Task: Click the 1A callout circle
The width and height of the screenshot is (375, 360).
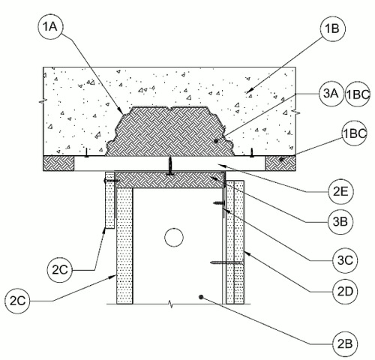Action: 51,26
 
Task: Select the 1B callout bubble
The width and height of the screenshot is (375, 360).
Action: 333,28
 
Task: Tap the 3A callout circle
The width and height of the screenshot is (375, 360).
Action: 331,94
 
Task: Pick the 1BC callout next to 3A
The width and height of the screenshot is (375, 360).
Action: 357,94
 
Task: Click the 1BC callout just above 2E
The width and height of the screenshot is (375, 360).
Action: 355,133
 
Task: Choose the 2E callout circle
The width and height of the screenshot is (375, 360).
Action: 340,192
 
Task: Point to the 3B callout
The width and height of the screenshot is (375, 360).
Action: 340,221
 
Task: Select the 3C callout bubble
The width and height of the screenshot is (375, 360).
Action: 345,260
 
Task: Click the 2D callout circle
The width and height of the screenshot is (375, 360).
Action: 345,291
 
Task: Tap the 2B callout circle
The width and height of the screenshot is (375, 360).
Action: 345,344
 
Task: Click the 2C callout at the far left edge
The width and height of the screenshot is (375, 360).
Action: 17,301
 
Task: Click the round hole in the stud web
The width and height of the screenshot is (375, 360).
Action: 174,237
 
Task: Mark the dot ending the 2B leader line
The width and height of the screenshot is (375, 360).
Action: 201,297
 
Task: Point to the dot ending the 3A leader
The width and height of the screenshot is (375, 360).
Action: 216,141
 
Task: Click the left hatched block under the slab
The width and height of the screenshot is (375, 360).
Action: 58,163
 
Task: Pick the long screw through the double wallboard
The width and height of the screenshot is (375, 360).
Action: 227,262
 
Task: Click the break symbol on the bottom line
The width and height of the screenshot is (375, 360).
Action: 171,304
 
